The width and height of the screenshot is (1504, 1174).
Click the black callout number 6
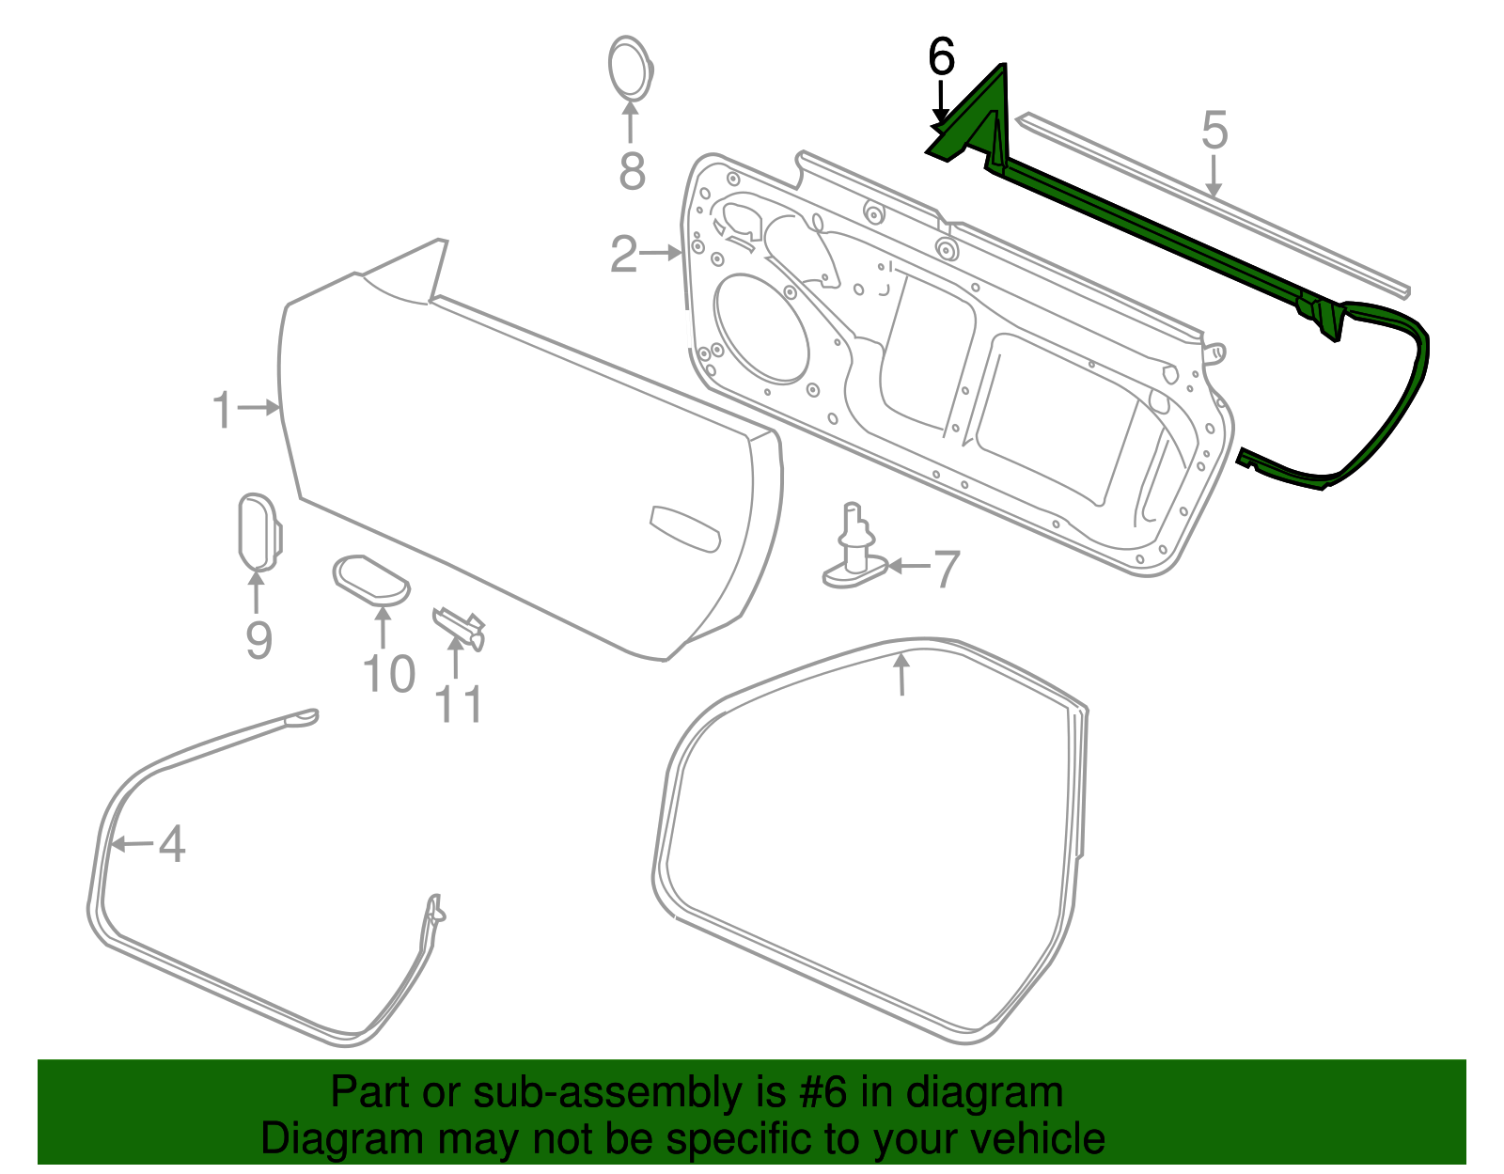pos(941,57)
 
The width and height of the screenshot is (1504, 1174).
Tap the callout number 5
pos(1214,131)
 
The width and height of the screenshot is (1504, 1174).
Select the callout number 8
pos(632,171)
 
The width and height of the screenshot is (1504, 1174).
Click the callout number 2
pos(624,254)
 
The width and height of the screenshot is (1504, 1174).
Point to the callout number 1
pos(222,411)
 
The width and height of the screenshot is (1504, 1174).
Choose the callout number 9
pos(258,641)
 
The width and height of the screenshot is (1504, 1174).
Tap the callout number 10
pos(388,675)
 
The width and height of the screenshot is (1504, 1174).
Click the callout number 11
pos(459,705)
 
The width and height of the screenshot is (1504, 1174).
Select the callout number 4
pos(171,844)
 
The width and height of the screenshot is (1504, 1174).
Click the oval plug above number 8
pos(630,68)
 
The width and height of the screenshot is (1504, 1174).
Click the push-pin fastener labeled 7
pos(854,555)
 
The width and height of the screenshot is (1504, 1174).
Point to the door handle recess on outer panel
pos(684,529)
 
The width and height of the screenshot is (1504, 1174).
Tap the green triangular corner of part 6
pos(978,113)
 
